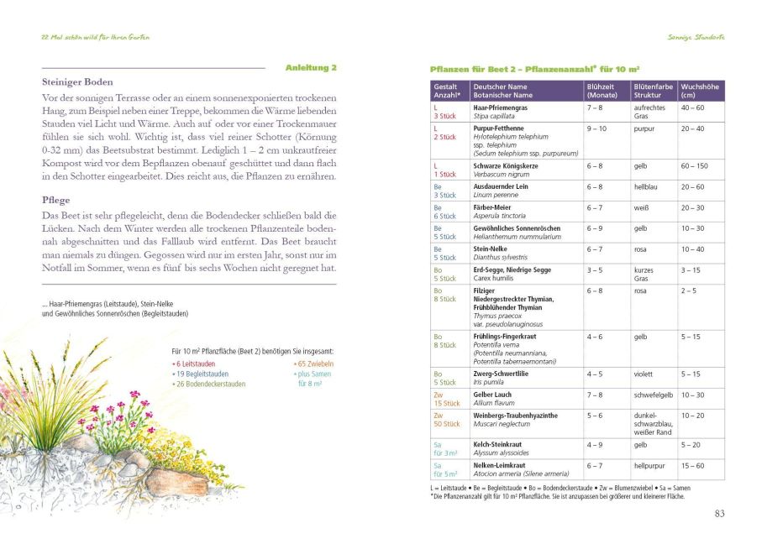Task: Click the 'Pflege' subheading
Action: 55,201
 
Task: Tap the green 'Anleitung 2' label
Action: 311,67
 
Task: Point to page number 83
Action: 719,514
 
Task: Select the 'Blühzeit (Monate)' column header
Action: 602,91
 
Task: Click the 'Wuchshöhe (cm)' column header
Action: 700,91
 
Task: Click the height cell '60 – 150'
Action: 694,166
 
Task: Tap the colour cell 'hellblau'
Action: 647,187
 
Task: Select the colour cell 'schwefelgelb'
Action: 652,395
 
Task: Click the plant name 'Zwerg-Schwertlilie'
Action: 505,374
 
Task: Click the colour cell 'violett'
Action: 644,374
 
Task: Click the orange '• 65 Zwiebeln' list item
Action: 313,364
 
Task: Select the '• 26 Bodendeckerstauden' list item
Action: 209,383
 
